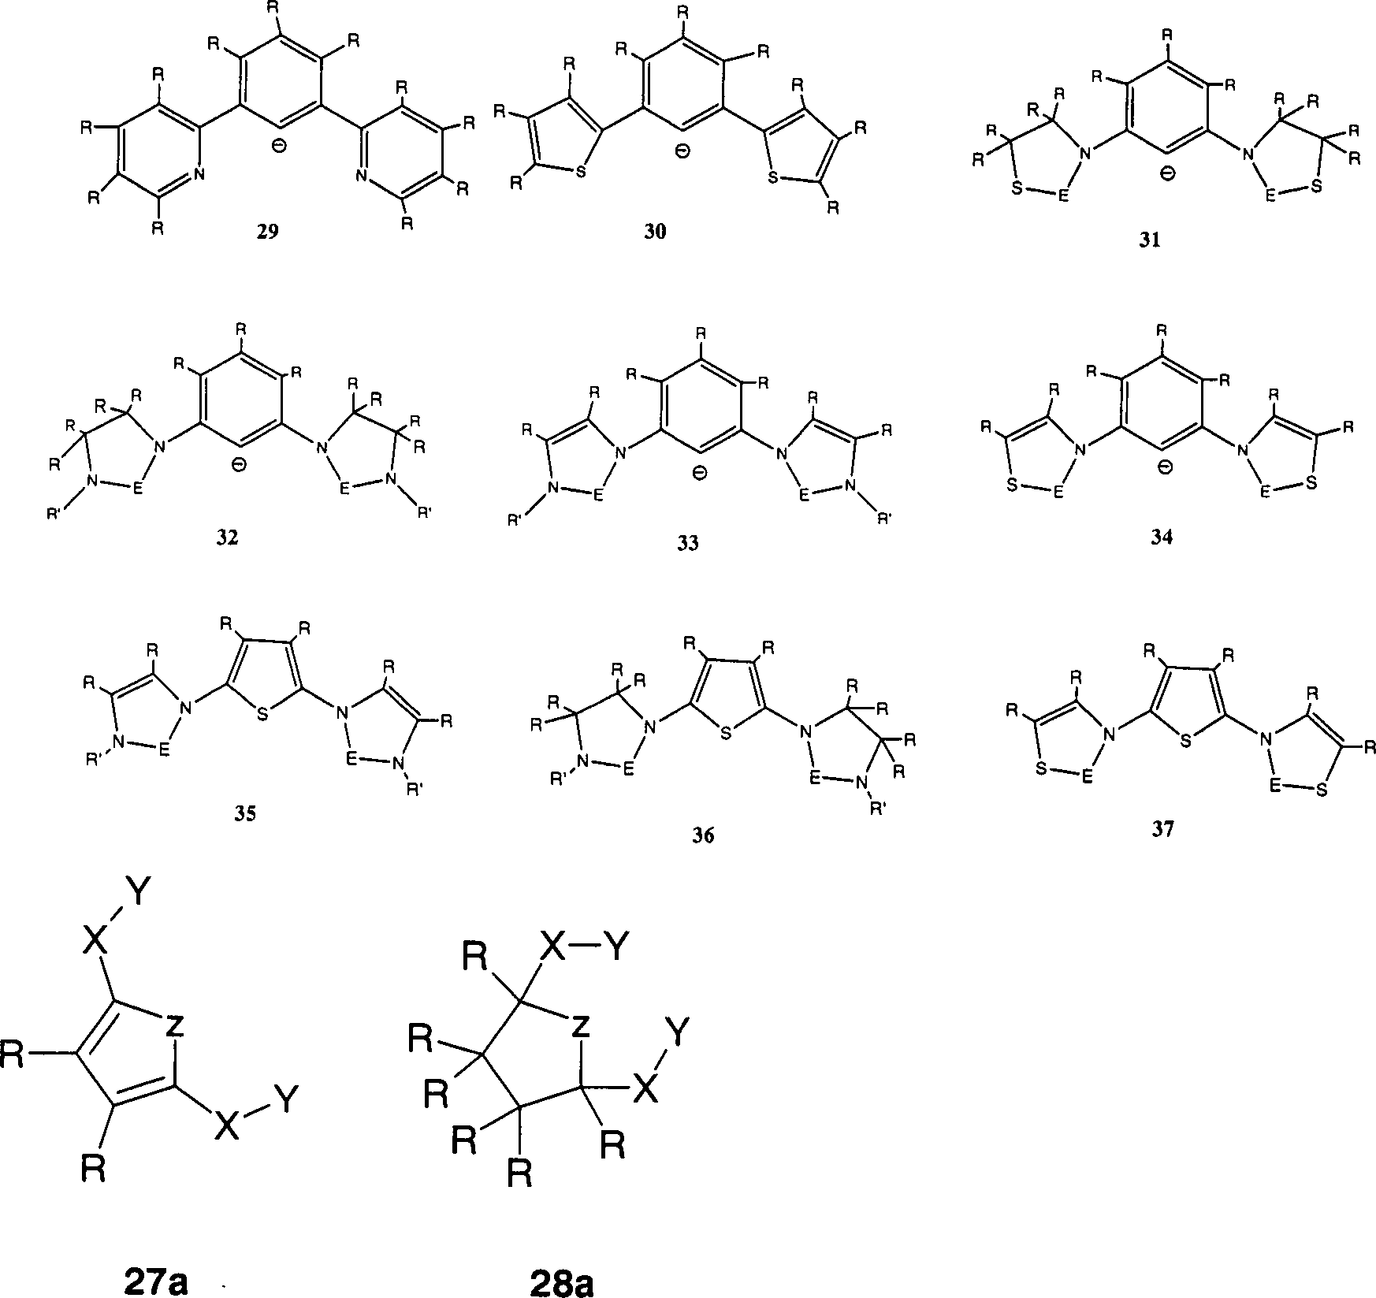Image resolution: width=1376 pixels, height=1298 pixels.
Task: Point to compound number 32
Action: click(229, 538)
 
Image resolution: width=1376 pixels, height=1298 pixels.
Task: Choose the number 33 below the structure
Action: click(688, 543)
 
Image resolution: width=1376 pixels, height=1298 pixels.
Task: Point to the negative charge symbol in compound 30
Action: click(682, 151)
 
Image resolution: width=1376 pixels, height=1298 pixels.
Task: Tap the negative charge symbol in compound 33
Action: click(699, 473)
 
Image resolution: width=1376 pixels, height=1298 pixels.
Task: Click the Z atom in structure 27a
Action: click(175, 1025)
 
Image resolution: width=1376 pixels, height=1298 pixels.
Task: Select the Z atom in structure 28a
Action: click(580, 1025)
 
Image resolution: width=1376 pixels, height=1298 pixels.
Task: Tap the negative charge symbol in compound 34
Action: click(1164, 469)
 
